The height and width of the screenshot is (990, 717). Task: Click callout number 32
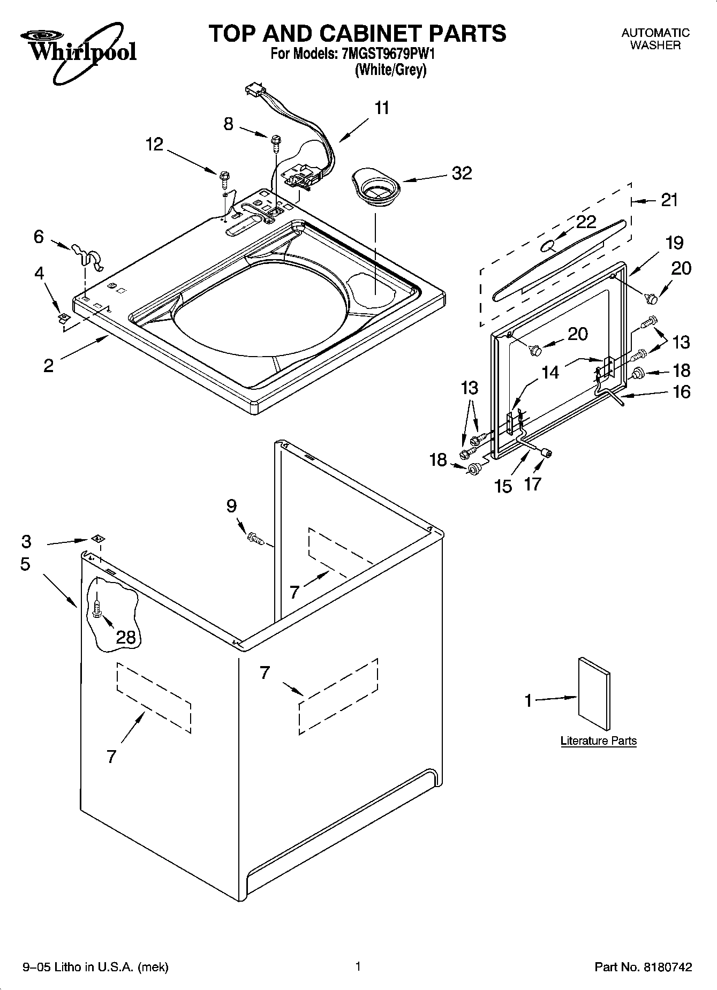[x=462, y=173]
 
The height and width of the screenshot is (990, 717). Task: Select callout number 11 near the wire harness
[x=381, y=108]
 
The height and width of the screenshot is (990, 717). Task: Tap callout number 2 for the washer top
[x=48, y=366]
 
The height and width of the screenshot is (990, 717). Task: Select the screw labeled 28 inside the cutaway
[x=97, y=608]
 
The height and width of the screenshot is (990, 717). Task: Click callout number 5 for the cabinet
[x=25, y=564]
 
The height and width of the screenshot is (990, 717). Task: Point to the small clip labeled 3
[x=97, y=539]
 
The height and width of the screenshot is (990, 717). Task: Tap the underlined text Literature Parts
[x=598, y=741]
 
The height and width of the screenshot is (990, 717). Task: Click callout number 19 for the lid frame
[x=674, y=243]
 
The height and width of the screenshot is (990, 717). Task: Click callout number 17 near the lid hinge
[x=532, y=484]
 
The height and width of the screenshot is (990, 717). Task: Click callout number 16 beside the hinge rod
[x=681, y=392]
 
